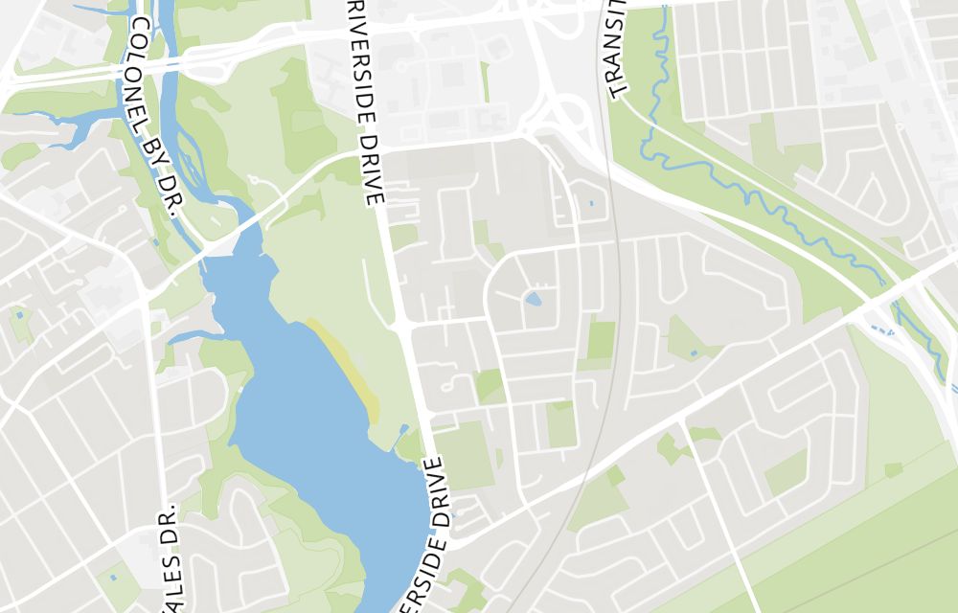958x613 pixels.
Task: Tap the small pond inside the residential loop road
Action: [533, 299]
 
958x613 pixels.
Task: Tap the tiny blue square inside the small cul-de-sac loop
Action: [591, 203]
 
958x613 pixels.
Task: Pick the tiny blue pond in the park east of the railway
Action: [694, 354]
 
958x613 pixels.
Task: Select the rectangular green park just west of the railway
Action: [601, 341]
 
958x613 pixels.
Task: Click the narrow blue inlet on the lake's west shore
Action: [192, 336]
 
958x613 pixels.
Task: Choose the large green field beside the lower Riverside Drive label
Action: [466, 456]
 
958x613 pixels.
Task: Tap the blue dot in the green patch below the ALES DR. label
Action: [113, 578]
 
